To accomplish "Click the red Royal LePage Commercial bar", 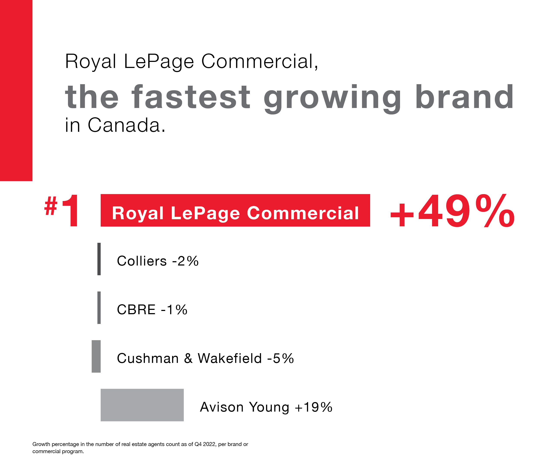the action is click(x=235, y=210).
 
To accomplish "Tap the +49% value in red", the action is click(x=452, y=211).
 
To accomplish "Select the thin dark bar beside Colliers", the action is click(x=99, y=259).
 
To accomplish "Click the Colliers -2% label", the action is click(x=158, y=261).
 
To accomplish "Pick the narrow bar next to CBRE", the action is click(x=99, y=307).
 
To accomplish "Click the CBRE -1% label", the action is click(x=152, y=310).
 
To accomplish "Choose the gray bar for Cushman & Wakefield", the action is click(x=96, y=356).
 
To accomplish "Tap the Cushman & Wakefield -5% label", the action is click(x=205, y=358).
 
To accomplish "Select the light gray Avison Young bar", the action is click(x=142, y=405).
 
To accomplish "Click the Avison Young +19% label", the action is click(x=266, y=407).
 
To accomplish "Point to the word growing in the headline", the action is click(x=332, y=98).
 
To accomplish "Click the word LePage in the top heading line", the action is click(x=159, y=62).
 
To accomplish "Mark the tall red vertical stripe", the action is click(x=16, y=90).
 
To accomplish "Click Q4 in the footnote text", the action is click(x=198, y=444).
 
